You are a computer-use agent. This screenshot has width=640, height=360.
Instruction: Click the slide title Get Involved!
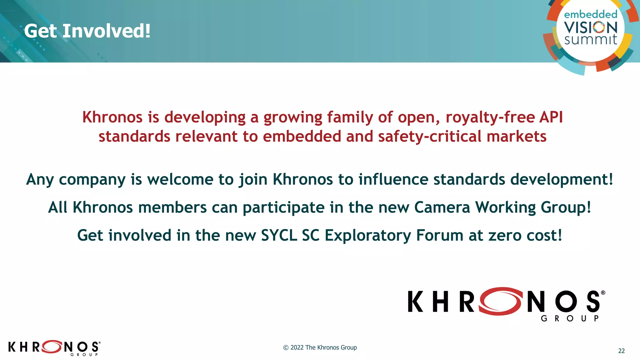[87, 31]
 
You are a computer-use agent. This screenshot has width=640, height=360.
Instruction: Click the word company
[92, 180]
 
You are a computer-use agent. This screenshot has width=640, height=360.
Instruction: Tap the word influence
[393, 179]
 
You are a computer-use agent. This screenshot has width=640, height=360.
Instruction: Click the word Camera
[442, 207]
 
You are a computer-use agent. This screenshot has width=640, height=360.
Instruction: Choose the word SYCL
[279, 235]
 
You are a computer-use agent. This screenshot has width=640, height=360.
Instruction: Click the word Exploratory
[368, 236]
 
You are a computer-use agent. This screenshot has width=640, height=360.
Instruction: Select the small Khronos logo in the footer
[54, 347]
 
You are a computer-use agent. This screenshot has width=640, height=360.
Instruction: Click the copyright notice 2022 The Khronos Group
[320, 347]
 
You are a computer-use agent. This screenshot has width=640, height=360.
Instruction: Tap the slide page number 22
[621, 351]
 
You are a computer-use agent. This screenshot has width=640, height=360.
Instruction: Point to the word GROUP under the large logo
[570, 318]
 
